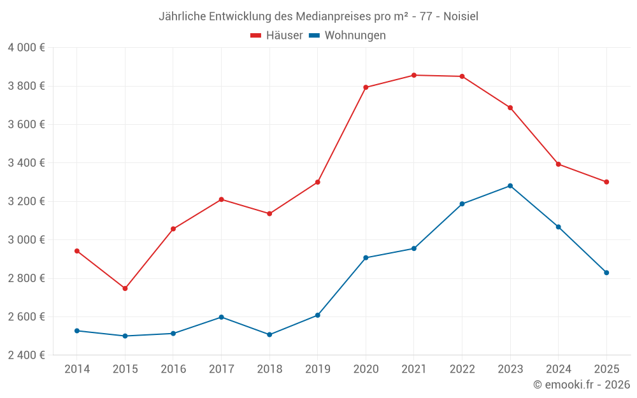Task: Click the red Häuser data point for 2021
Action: coord(414,75)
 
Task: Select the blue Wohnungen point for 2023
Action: coord(510,186)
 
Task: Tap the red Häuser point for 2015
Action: coord(125,288)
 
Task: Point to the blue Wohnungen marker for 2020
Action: coord(366,258)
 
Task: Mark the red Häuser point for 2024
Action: coord(559,164)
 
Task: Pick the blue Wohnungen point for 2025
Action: coord(606,273)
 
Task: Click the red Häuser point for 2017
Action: coord(221,199)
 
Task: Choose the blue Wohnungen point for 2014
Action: coord(77,330)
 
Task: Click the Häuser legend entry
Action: coord(276,36)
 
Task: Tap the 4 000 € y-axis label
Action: coord(26,48)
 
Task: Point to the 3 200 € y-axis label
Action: coord(26,201)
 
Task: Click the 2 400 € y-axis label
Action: coord(26,355)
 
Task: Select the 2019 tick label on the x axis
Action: coord(318,369)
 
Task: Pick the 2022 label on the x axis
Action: coord(462,369)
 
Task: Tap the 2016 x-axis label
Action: coord(173,369)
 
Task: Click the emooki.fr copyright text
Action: coord(582,385)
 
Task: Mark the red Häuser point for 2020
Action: coord(366,87)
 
